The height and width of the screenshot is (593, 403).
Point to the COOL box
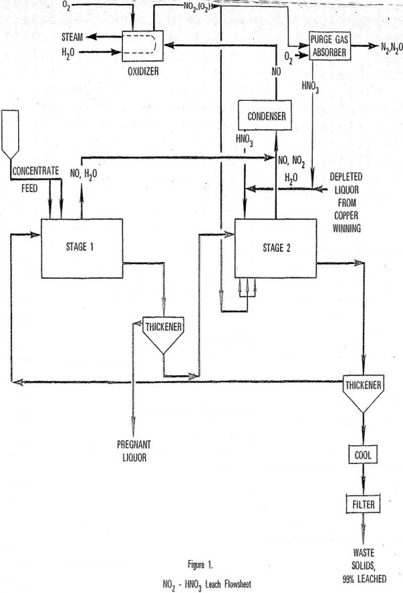coord(364,455)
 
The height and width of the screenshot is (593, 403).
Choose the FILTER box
coord(364,503)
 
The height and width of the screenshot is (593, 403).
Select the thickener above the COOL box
coord(364,391)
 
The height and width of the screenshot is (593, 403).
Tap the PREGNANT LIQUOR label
coord(133,449)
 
